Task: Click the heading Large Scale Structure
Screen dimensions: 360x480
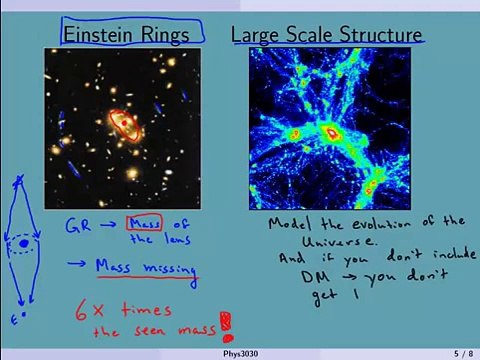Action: pos(326,35)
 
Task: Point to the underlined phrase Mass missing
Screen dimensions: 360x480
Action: pos(143,267)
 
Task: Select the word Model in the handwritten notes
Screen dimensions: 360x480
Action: pos(289,223)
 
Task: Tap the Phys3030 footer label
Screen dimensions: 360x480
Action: pos(241,353)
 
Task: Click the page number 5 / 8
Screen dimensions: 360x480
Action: pos(461,353)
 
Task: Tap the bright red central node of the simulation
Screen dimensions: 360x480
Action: pos(332,132)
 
